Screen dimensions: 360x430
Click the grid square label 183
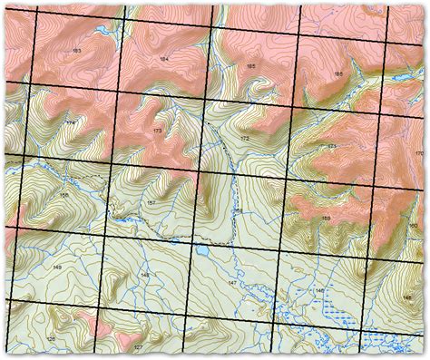(74, 50)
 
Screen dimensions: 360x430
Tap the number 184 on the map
(163, 59)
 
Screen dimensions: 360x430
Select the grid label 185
(250, 67)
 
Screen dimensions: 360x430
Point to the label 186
(337, 73)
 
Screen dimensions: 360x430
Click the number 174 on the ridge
(71, 122)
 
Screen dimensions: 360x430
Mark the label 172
(244, 138)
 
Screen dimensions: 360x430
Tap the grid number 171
(332, 146)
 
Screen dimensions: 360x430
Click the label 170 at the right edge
(417, 153)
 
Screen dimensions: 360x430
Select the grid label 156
(63, 195)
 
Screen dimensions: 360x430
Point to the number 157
(151, 202)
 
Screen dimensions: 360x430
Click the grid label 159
(326, 219)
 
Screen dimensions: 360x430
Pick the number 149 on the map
(56, 268)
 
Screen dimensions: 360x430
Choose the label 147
(232, 284)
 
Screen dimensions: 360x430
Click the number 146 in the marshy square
(319, 290)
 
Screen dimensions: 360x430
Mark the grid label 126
(51, 339)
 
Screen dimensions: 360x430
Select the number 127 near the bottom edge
(138, 347)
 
